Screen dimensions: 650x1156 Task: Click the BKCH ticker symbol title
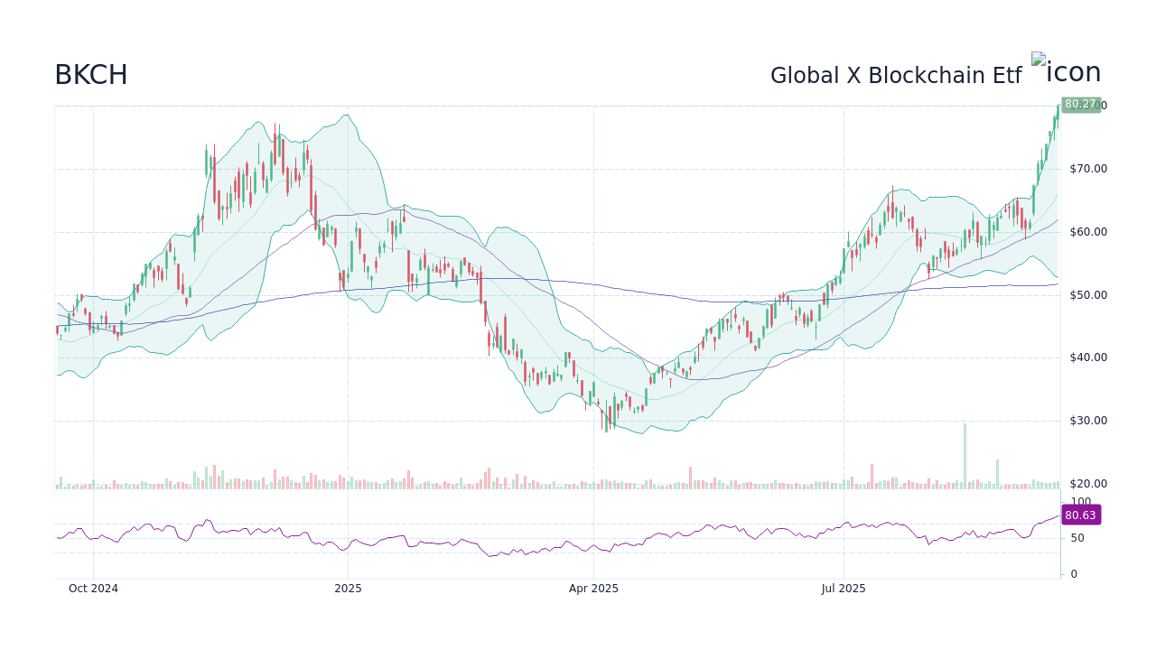pyautogui.click(x=91, y=75)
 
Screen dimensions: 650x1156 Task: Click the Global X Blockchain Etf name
pyautogui.click(x=895, y=76)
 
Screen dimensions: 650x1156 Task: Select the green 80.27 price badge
pyautogui.click(x=1080, y=105)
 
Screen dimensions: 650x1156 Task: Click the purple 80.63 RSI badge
pyautogui.click(x=1080, y=515)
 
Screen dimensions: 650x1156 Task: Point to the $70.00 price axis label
pyautogui.click(x=1087, y=169)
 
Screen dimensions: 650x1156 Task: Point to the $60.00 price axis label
pyautogui.click(x=1087, y=232)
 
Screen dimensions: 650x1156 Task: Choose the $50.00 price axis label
pyautogui.click(x=1087, y=295)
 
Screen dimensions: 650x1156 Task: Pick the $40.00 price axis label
pyautogui.click(x=1087, y=357)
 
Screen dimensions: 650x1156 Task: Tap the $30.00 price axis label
pyautogui.click(x=1087, y=421)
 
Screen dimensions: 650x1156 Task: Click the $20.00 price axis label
pyautogui.click(x=1087, y=484)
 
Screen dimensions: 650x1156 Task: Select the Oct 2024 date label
pyautogui.click(x=93, y=589)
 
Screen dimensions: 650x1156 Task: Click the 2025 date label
pyautogui.click(x=348, y=589)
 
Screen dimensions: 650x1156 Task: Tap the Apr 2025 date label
pyautogui.click(x=593, y=589)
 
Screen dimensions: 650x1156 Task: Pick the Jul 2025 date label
pyautogui.click(x=844, y=589)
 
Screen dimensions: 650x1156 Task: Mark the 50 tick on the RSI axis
pyautogui.click(x=1078, y=538)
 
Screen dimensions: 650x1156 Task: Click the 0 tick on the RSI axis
pyautogui.click(x=1074, y=574)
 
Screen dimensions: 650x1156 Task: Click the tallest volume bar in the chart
pyautogui.click(x=965, y=456)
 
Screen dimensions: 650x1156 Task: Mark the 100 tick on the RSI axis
pyautogui.click(x=1081, y=502)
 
